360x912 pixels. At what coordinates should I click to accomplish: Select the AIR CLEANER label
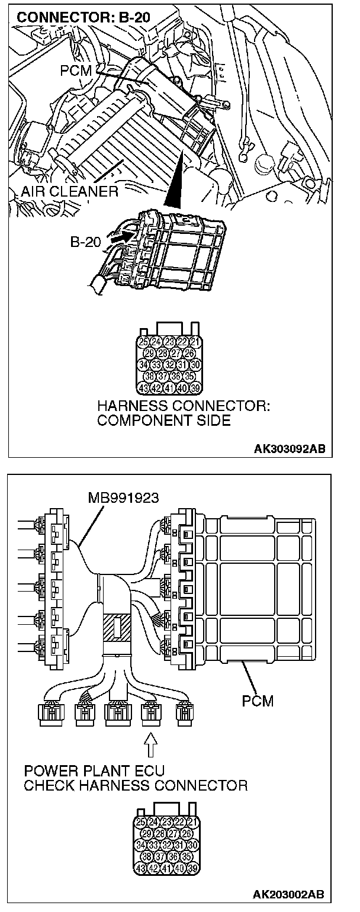pos(69,191)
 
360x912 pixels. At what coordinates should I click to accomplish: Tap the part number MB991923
pos(123,498)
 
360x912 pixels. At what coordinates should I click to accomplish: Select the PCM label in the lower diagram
pos(258,702)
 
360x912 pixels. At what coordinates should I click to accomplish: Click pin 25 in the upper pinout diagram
pos(143,341)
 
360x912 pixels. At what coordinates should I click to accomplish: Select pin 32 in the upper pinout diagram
pos(169,364)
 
